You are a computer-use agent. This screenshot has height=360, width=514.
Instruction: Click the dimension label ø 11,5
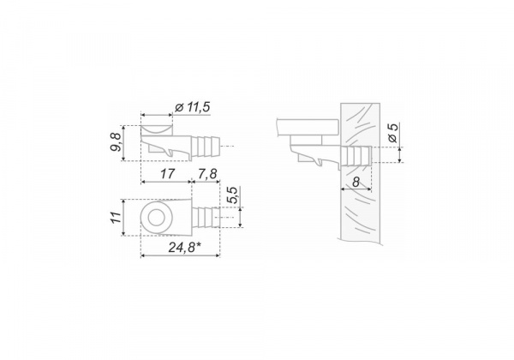[x=193, y=107]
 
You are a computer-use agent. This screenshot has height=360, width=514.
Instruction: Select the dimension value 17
[x=167, y=173]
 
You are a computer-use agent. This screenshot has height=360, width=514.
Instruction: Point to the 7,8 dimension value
[x=207, y=174]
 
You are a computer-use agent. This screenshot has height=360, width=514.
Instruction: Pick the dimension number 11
[x=116, y=218]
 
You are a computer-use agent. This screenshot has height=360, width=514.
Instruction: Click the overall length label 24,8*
[x=184, y=247]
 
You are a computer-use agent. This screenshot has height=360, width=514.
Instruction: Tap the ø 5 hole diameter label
[x=392, y=133]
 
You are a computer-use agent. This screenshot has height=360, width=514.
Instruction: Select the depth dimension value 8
[x=356, y=182]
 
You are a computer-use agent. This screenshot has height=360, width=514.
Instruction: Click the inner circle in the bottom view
[x=157, y=218]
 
